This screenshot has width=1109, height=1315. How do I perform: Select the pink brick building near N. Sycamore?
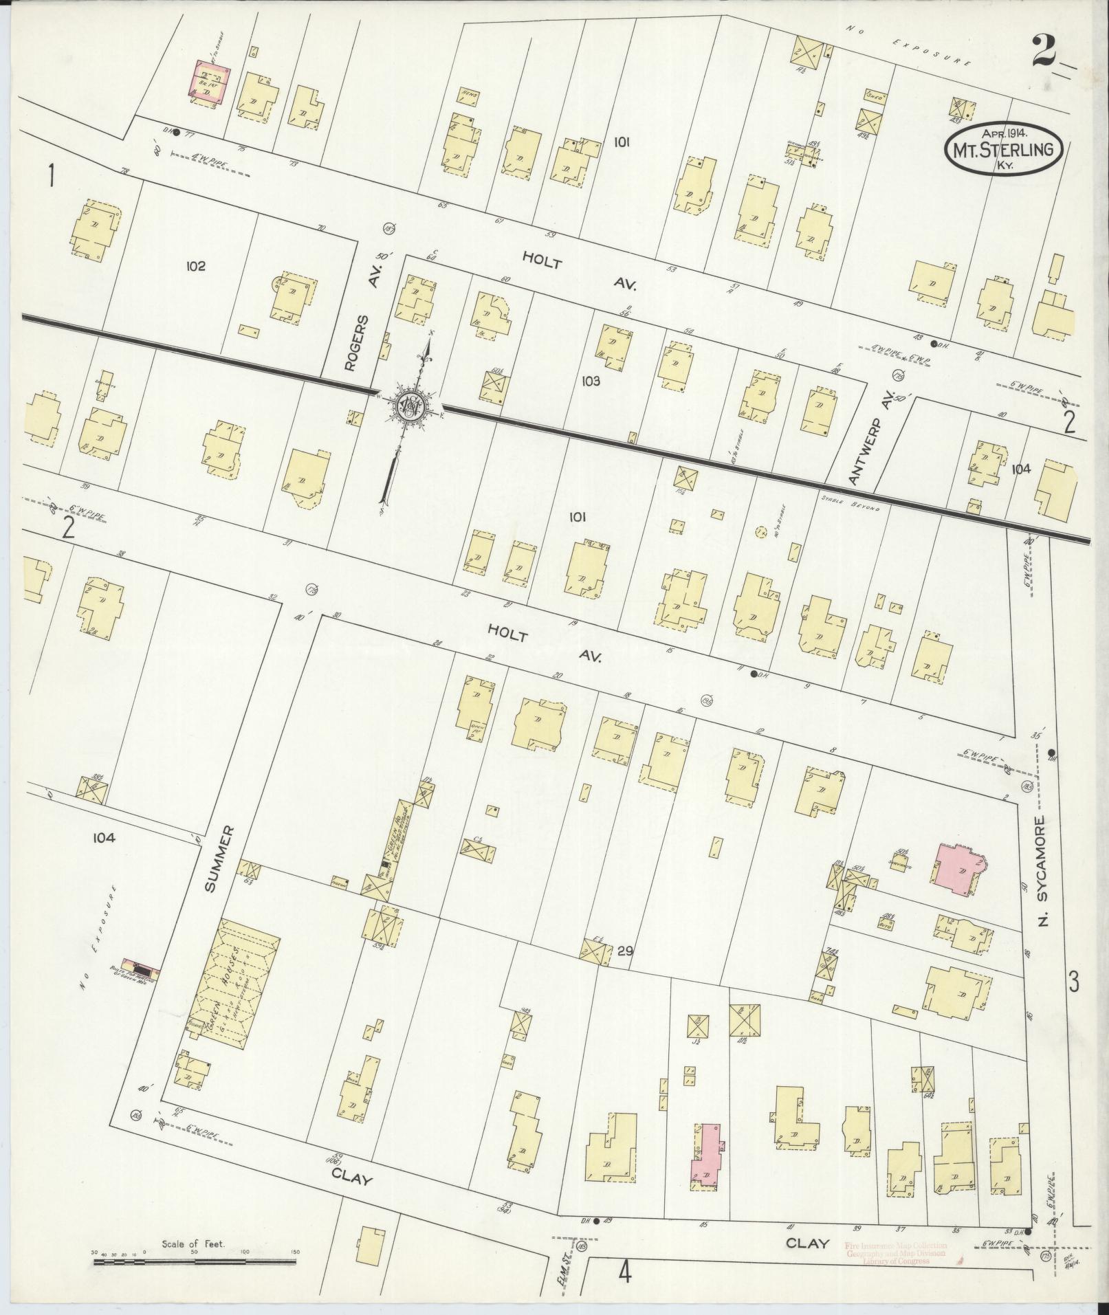pyautogui.click(x=958, y=869)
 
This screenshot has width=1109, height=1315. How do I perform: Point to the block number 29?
pyautogui.click(x=624, y=952)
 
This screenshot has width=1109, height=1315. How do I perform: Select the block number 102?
pyautogui.click(x=195, y=266)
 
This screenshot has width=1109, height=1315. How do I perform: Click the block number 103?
pyautogui.click(x=590, y=381)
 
